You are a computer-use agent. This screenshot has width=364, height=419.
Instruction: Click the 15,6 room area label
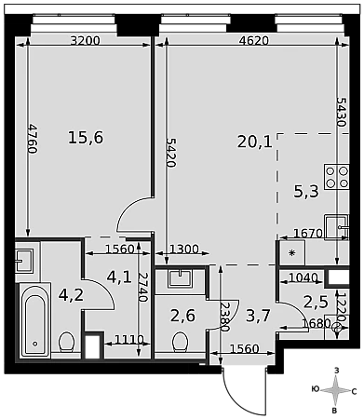[x=86, y=138]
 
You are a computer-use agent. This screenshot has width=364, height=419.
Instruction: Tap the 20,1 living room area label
[x=255, y=142]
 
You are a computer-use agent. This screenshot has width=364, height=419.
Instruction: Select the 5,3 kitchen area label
[x=306, y=192]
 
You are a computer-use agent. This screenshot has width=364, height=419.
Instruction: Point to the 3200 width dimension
[x=85, y=41]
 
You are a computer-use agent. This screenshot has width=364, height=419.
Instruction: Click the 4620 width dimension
[x=254, y=41]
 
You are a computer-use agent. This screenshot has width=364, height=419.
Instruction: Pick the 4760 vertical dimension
[x=32, y=139]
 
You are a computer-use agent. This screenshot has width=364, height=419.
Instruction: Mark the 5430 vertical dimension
[x=341, y=112]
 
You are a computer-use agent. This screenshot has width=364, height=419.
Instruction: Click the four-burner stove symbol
[x=337, y=177]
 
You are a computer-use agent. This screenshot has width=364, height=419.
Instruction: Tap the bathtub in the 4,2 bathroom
[x=35, y=320]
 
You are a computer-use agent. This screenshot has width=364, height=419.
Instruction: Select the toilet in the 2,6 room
[x=180, y=342]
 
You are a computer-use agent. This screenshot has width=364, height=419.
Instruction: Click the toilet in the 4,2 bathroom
[x=66, y=342]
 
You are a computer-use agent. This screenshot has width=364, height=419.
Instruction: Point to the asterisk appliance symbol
[x=291, y=253]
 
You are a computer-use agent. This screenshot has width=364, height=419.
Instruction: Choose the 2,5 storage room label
[x=316, y=302]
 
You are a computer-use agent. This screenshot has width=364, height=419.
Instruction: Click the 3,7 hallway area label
[x=258, y=317]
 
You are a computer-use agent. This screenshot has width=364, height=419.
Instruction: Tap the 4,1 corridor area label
[x=119, y=277]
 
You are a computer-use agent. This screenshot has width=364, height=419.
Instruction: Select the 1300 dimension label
[x=184, y=249]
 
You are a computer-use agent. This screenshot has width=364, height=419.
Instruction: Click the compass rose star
[x=336, y=390]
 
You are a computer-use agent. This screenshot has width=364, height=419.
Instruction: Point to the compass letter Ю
[x=316, y=389]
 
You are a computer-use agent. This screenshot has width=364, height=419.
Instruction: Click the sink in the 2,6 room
[x=180, y=278]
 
